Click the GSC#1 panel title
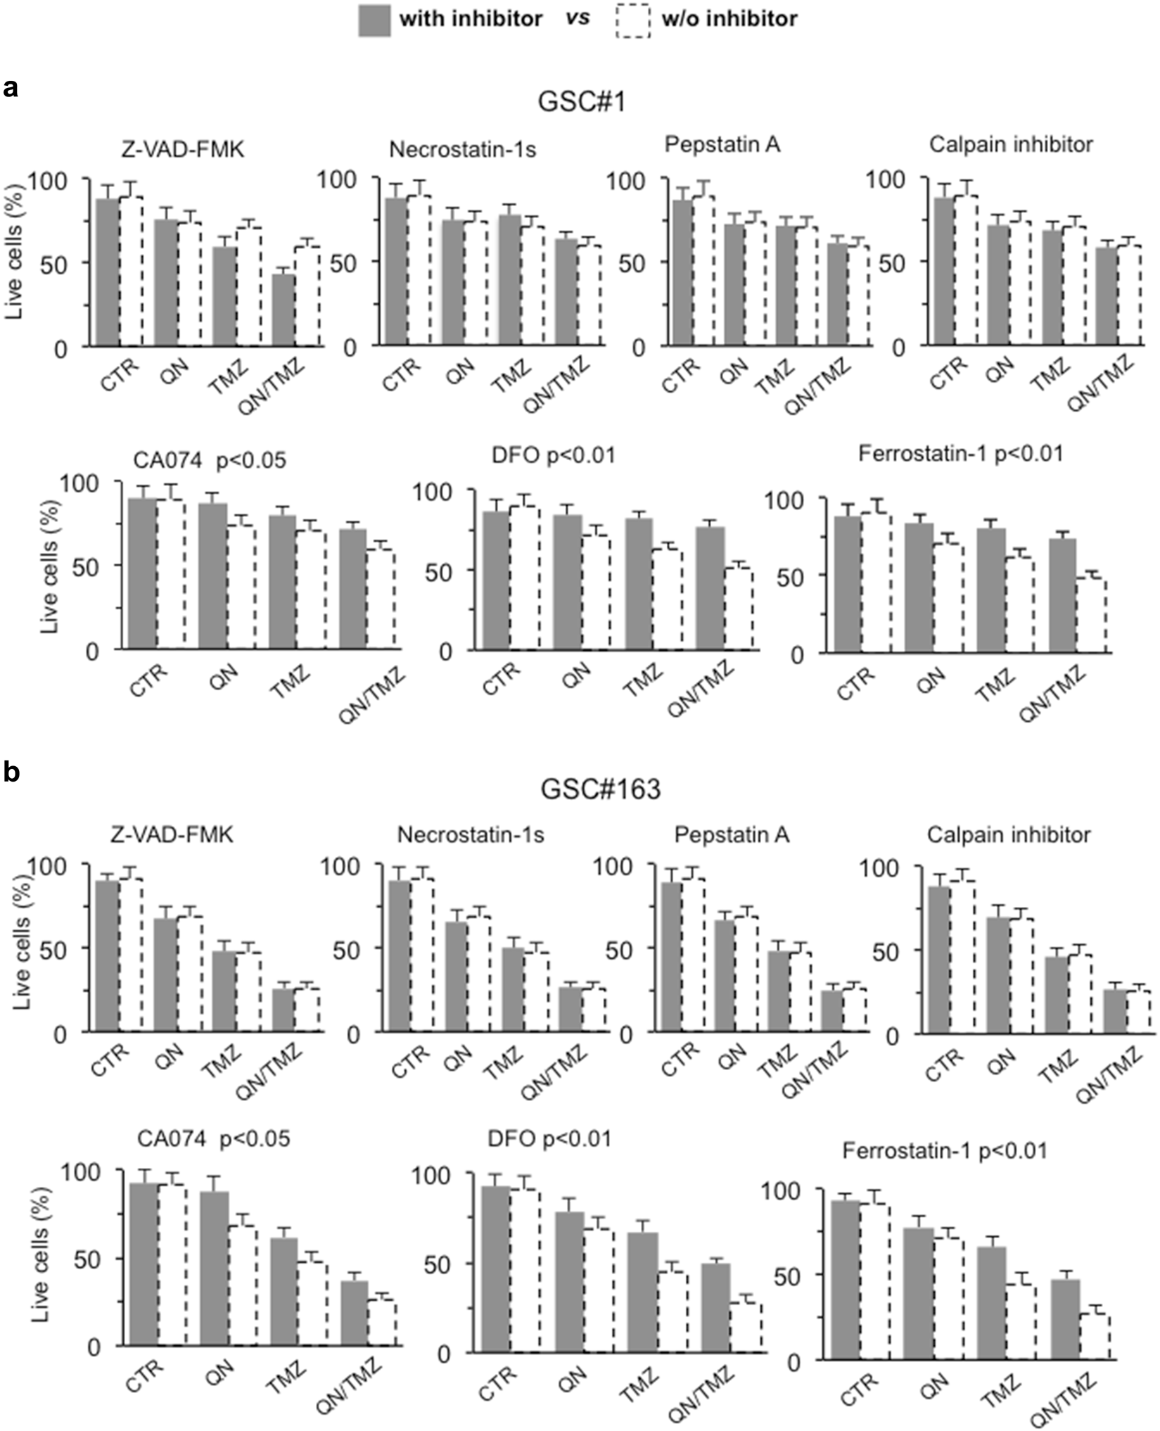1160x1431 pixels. (581, 103)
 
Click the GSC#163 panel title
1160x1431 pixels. (600, 789)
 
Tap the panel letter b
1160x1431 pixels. (11, 773)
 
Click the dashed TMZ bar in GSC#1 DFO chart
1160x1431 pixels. (667, 598)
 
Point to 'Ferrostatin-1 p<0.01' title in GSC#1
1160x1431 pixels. (960, 454)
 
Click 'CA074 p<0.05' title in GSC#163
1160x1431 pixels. (212, 1138)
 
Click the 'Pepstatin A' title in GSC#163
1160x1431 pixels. (731, 835)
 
